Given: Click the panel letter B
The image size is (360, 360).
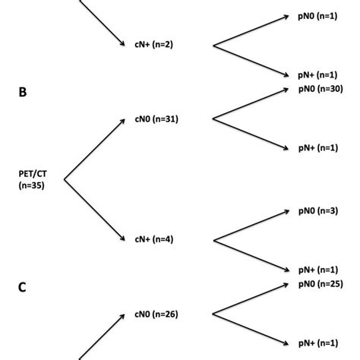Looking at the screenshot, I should pos(23,92).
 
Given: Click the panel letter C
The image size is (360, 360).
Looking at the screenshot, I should pos(23,287).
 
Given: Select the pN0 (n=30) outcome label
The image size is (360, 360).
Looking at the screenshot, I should pos(321,89).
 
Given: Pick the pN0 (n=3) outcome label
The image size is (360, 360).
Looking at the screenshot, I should pos(318,210).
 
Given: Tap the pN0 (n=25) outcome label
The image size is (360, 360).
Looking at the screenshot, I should pos(321,284).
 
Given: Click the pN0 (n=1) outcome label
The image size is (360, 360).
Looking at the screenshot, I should pos(318,16).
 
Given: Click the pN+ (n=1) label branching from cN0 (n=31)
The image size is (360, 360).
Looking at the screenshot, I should pos(318,148).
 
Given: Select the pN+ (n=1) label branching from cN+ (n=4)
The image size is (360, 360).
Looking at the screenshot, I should pos(318,270).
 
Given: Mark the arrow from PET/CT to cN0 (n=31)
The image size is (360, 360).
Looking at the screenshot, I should pos(94,150).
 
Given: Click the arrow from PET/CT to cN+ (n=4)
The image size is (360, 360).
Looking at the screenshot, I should pos(94,210).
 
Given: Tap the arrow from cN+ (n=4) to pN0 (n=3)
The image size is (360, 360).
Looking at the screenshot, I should pos(251,226).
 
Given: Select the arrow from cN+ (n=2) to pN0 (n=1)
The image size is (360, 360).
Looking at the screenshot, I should pos(251,31).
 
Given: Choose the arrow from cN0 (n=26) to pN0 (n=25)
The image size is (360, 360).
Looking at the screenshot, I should pos(251,299).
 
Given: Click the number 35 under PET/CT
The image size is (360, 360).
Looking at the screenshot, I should pos(36,185).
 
